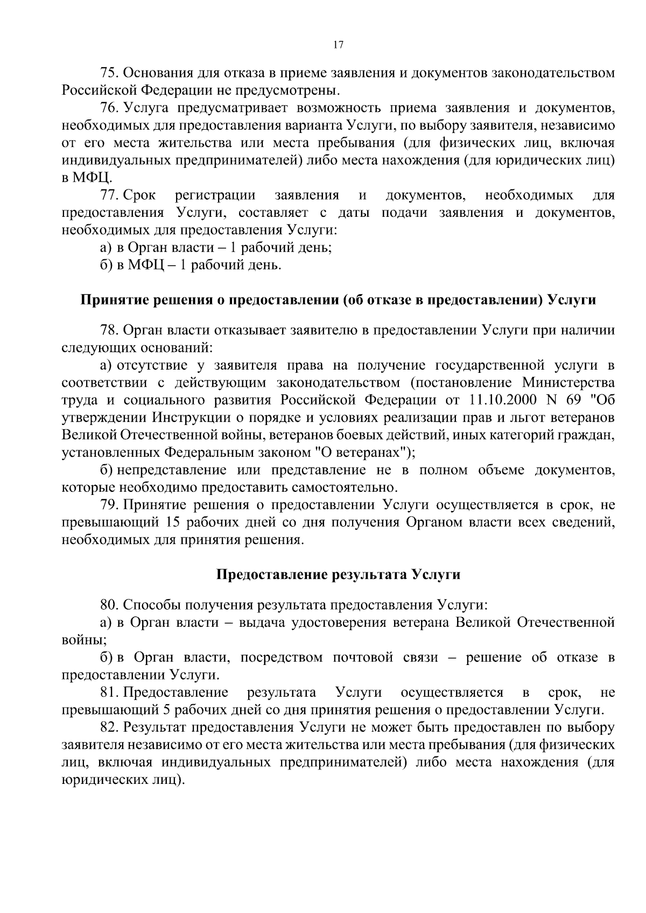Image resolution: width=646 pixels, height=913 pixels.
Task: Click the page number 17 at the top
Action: pyautogui.click(x=338, y=45)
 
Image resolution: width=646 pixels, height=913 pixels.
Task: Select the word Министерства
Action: pyautogui.click(x=568, y=383)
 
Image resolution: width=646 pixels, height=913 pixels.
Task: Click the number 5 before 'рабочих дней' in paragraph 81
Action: pyautogui.click(x=166, y=709)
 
